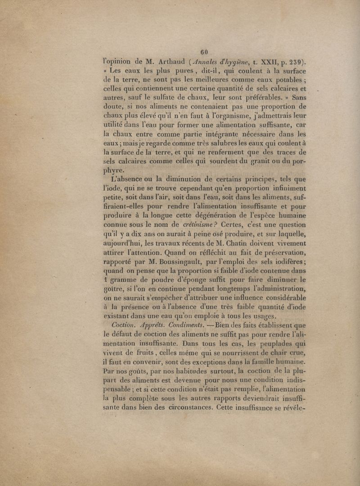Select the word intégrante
point(215,133)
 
